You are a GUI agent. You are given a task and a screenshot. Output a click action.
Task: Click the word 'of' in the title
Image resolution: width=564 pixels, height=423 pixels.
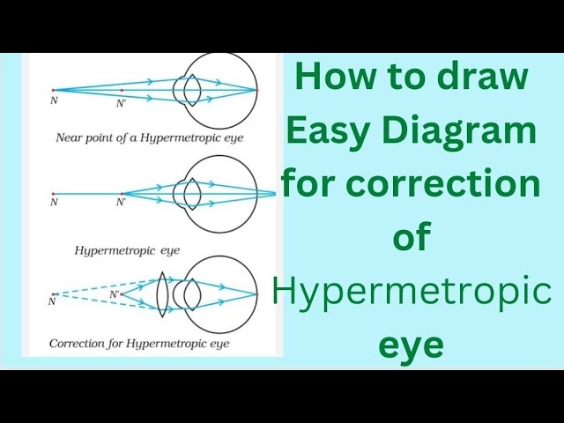point(411,238)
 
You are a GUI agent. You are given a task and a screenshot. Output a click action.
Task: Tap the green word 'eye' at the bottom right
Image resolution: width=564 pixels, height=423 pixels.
point(411,345)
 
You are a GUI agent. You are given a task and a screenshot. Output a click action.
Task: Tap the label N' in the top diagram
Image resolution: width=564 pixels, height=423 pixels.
point(122,103)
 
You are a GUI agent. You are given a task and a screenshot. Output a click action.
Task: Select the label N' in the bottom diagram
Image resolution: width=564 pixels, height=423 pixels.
point(115,294)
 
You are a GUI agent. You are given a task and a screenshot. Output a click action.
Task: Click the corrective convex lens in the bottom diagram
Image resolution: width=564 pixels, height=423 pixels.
point(161,291)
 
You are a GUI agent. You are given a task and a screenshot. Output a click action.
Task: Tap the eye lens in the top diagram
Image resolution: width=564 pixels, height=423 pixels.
point(188,90)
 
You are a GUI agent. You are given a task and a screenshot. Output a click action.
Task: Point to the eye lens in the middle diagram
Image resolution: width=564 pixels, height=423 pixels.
point(188,192)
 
